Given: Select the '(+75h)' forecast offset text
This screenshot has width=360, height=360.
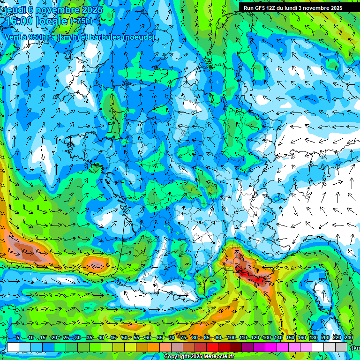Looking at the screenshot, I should (x=81, y=21).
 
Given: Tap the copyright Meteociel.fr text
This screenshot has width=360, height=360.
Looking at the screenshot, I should (x=199, y=357).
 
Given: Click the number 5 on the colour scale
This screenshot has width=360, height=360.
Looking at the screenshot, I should (x=18, y=337).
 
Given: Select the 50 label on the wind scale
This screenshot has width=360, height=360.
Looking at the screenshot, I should (x=125, y=337).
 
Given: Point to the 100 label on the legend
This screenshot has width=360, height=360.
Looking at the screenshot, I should (x=231, y=337).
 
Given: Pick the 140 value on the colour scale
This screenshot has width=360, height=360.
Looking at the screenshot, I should (x=278, y=337).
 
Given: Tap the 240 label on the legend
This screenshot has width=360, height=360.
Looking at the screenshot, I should (x=349, y=337).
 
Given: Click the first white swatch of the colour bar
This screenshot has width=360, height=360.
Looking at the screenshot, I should (x=13, y=347).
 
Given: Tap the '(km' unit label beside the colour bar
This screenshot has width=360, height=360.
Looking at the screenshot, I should (x=356, y=347).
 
